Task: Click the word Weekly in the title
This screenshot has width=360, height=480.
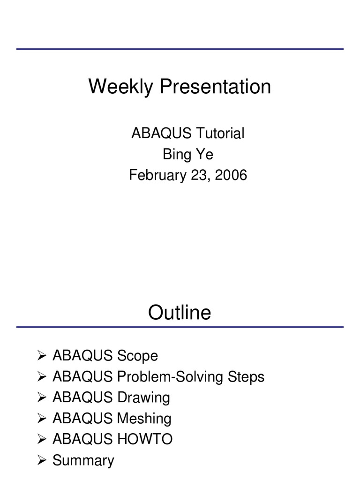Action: click(121, 87)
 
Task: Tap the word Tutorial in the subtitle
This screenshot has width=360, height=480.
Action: click(220, 134)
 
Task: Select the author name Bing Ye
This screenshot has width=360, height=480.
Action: click(187, 154)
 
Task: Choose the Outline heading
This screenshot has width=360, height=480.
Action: click(180, 313)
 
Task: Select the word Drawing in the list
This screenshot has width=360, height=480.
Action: click(143, 397)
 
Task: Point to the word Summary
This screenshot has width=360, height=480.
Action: click(83, 460)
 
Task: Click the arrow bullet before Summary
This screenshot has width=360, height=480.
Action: click(41, 460)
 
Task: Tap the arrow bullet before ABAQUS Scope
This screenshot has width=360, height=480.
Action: click(41, 356)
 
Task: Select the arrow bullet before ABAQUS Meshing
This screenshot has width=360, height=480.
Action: click(41, 419)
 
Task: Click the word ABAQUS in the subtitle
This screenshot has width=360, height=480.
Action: click(161, 134)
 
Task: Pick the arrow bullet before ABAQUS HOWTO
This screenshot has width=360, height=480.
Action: click(41, 439)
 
